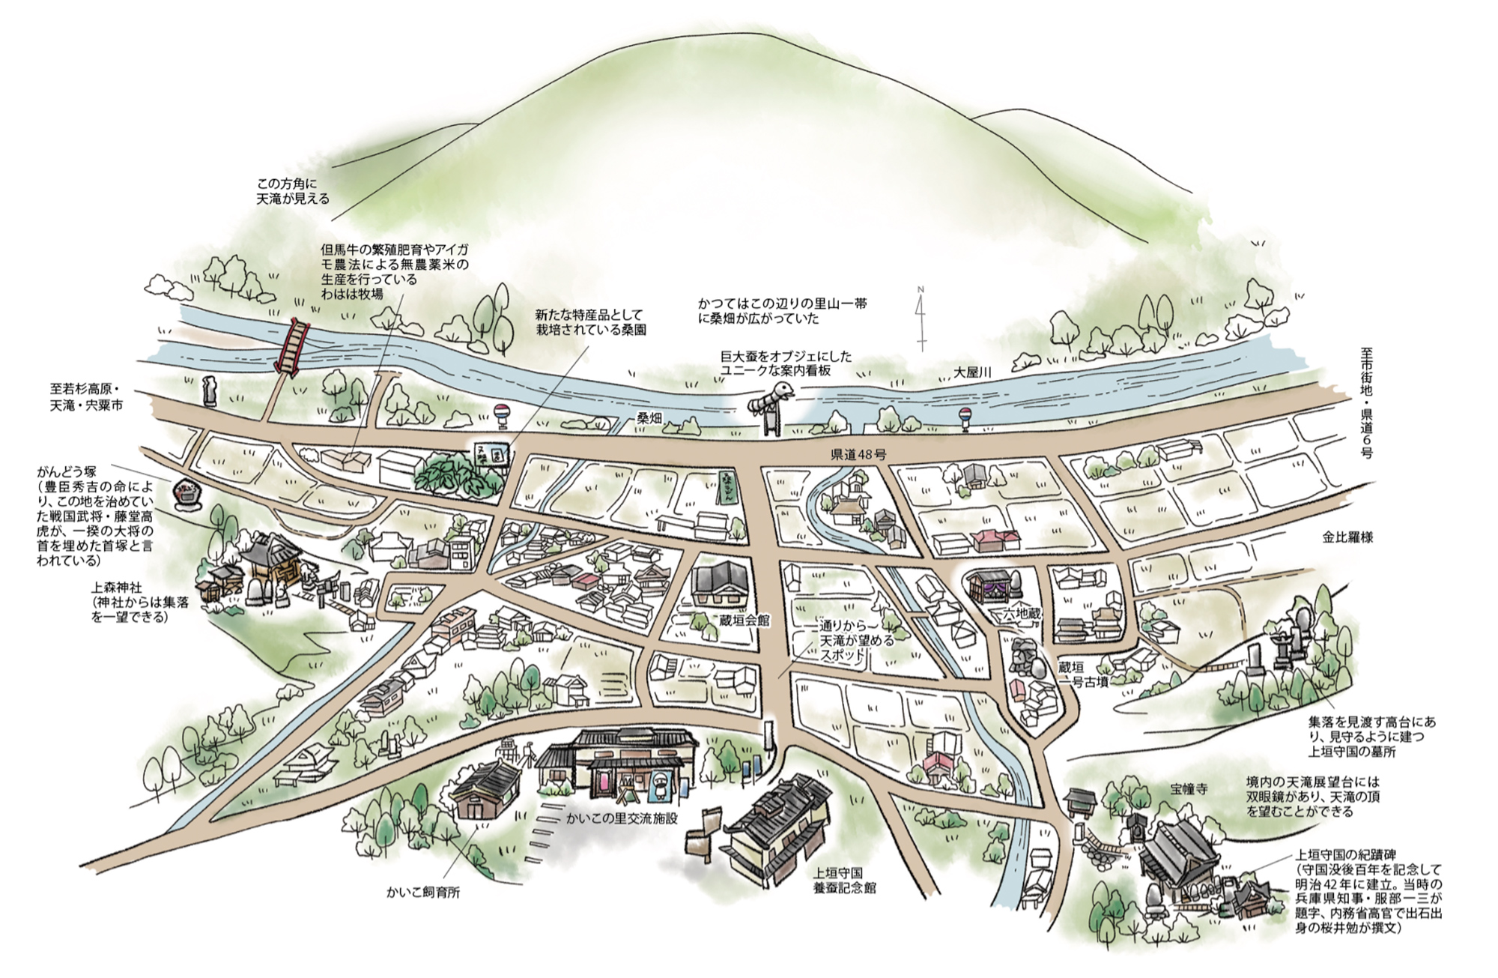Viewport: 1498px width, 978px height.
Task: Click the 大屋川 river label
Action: pyautogui.click(x=973, y=372)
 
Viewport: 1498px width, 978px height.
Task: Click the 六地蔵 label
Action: pyautogui.click(x=1022, y=613)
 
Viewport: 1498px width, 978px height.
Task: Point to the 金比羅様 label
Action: pyautogui.click(x=1348, y=537)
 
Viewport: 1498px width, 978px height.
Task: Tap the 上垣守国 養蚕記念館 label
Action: pyautogui.click(x=845, y=881)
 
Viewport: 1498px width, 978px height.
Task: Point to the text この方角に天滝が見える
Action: pyautogui.click(x=292, y=191)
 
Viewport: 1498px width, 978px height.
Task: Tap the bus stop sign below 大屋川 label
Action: pyautogui.click(x=965, y=418)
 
